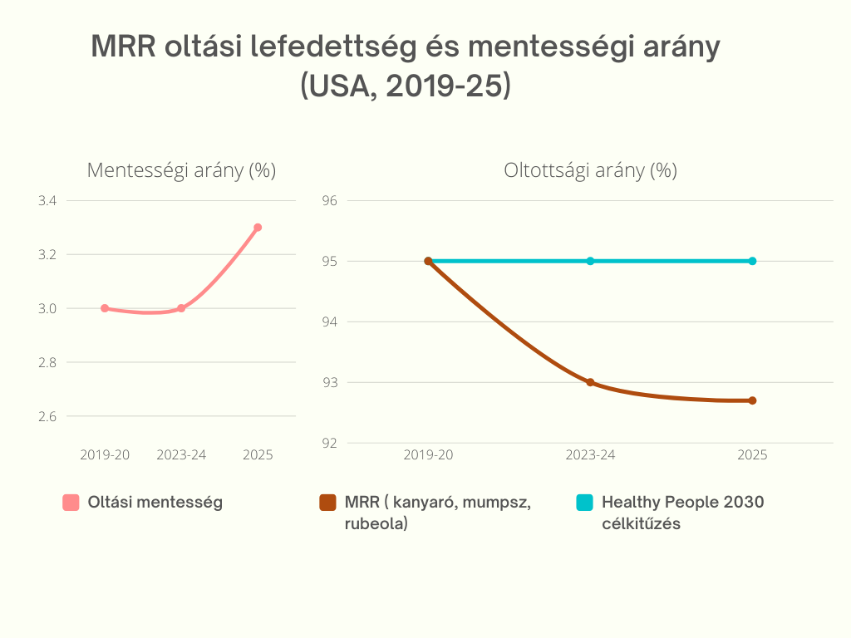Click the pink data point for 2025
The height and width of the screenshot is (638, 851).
[x=258, y=228]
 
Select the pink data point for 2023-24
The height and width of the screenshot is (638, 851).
[x=181, y=308]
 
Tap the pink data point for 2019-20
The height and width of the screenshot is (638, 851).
[x=105, y=308]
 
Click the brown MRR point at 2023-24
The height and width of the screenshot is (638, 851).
[x=590, y=383]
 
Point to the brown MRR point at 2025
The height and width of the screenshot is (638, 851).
[x=752, y=400]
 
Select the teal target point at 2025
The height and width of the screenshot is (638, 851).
[x=752, y=261]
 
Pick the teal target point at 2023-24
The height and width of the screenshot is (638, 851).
[x=590, y=261]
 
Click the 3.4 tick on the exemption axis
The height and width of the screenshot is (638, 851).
[x=47, y=201]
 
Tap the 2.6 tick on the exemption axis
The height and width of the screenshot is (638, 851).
[x=47, y=416]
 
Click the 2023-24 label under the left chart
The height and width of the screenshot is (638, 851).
[x=181, y=455]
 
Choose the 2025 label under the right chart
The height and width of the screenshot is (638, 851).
[x=752, y=455]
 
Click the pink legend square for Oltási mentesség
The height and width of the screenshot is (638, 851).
[x=71, y=503]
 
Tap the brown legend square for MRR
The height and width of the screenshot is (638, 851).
[x=327, y=503]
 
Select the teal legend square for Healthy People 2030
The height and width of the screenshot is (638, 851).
[x=584, y=503]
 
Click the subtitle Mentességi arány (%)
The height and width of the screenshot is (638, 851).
[x=181, y=171]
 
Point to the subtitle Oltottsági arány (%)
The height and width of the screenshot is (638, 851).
[x=590, y=171]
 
